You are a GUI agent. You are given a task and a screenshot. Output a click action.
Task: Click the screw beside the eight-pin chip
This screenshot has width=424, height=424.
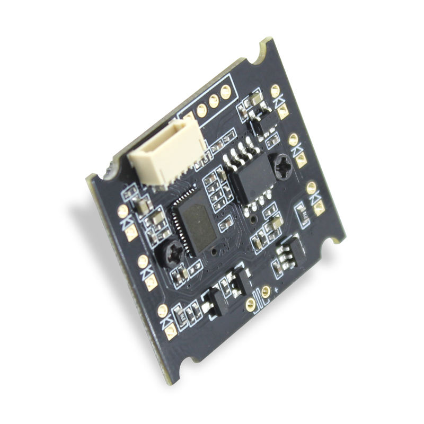282,167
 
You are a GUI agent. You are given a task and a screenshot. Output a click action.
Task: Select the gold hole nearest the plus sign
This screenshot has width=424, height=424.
266,291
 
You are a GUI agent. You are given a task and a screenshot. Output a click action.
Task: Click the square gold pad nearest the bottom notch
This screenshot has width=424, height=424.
171,333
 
